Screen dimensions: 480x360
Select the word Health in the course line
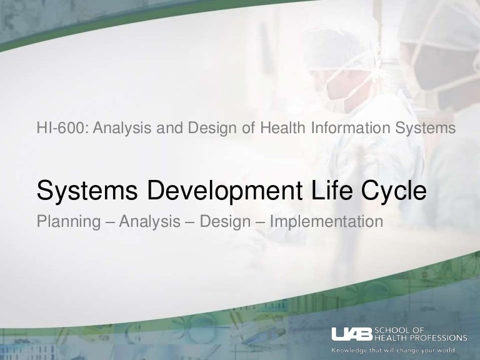[x=282, y=127]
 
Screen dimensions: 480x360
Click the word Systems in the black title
[x=87, y=191]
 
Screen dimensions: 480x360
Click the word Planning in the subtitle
[x=69, y=222]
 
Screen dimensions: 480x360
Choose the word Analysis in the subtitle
[x=150, y=222]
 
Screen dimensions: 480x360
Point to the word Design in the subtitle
[x=225, y=222]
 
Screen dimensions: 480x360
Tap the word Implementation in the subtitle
[x=326, y=222]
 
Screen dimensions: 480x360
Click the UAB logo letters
[x=352, y=334]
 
